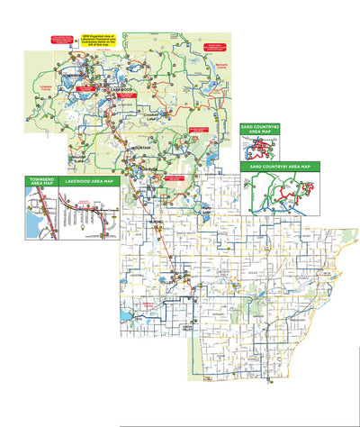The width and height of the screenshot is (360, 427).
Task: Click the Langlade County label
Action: (45, 88)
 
